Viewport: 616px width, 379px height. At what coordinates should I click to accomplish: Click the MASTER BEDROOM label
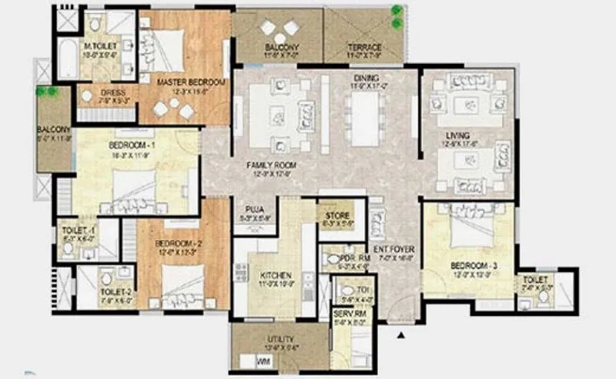point(191,82)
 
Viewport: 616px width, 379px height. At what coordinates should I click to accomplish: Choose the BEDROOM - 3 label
point(474,266)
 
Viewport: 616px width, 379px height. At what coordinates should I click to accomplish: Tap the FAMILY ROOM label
point(272,165)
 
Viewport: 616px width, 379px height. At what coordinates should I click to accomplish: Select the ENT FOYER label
point(394,250)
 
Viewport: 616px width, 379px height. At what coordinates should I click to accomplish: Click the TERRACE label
point(363,47)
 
